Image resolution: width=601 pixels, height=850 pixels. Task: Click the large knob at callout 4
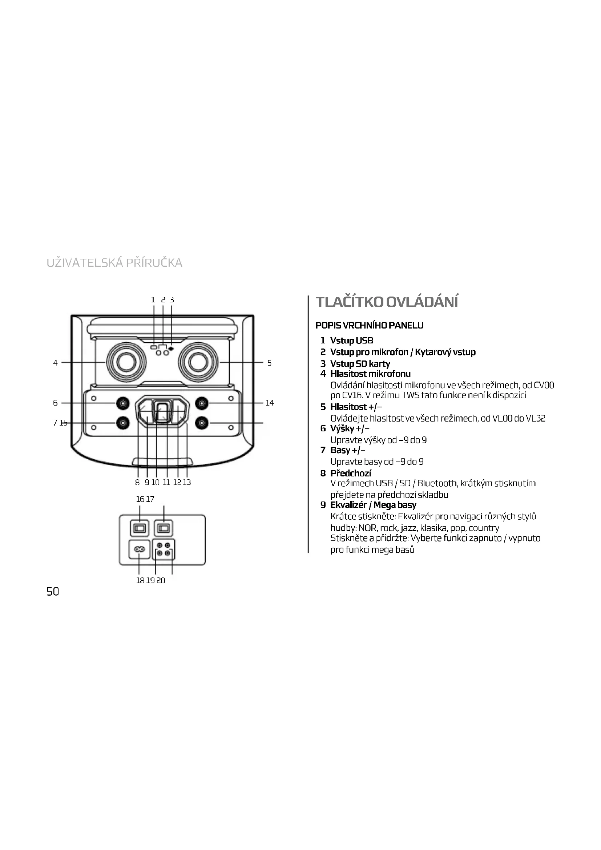pyautogui.click(x=126, y=362)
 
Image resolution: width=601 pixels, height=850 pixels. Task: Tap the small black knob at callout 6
pyautogui.click(x=123, y=403)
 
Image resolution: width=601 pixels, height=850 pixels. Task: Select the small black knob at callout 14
pyautogui.click(x=201, y=403)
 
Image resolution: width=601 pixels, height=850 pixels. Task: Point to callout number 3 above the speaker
pyautogui.click(x=172, y=300)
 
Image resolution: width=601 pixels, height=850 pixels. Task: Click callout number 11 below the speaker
pyautogui.click(x=166, y=482)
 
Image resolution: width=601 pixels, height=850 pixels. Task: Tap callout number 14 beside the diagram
pyautogui.click(x=269, y=403)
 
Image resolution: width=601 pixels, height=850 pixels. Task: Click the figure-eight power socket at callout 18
pyautogui.click(x=139, y=550)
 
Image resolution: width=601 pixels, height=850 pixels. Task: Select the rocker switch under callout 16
pyautogui.click(x=140, y=528)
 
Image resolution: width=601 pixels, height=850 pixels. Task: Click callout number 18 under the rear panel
pyautogui.click(x=140, y=580)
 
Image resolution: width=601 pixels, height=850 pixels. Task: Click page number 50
pyautogui.click(x=53, y=592)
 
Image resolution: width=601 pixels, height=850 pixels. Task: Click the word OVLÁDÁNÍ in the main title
pyautogui.click(x=422, y=302)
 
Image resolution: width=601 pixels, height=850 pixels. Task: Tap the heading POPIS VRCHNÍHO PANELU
pyautogui.click(x=369, y=325)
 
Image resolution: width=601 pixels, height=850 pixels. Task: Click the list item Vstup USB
pyautogui.click(x=352, y=341)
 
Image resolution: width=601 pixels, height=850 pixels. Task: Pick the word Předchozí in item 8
pyautogui.click(x=350, y=473)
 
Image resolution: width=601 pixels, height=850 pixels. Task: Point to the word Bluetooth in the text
pyautogui.click(x=437, y=483)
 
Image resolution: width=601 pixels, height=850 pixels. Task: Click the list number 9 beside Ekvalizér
pyautogui.click(x=323, y=505)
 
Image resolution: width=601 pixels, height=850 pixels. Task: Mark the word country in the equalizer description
pyautogui.click(x=484, y=528)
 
